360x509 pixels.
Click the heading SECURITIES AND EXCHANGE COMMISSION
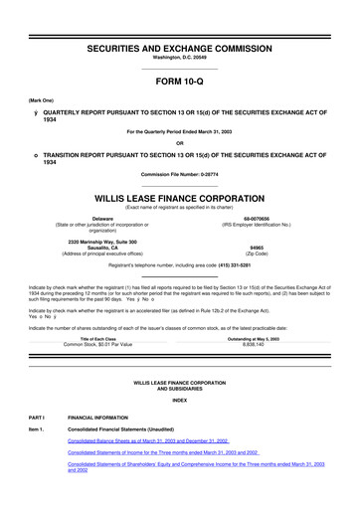179,48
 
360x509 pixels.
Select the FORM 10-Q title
179,85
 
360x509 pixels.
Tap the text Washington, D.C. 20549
179,59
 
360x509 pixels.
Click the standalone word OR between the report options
179,141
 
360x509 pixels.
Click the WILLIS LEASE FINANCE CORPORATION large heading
179,198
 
